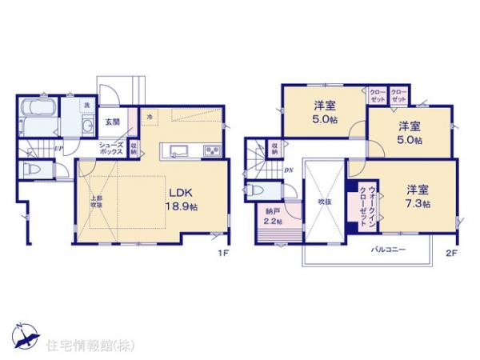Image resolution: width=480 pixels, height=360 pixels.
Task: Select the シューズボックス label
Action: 110,149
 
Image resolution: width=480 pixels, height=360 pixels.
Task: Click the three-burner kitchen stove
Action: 212,150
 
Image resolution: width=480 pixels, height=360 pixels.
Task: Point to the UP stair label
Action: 58,148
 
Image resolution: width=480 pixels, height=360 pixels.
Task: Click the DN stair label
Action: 290,170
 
